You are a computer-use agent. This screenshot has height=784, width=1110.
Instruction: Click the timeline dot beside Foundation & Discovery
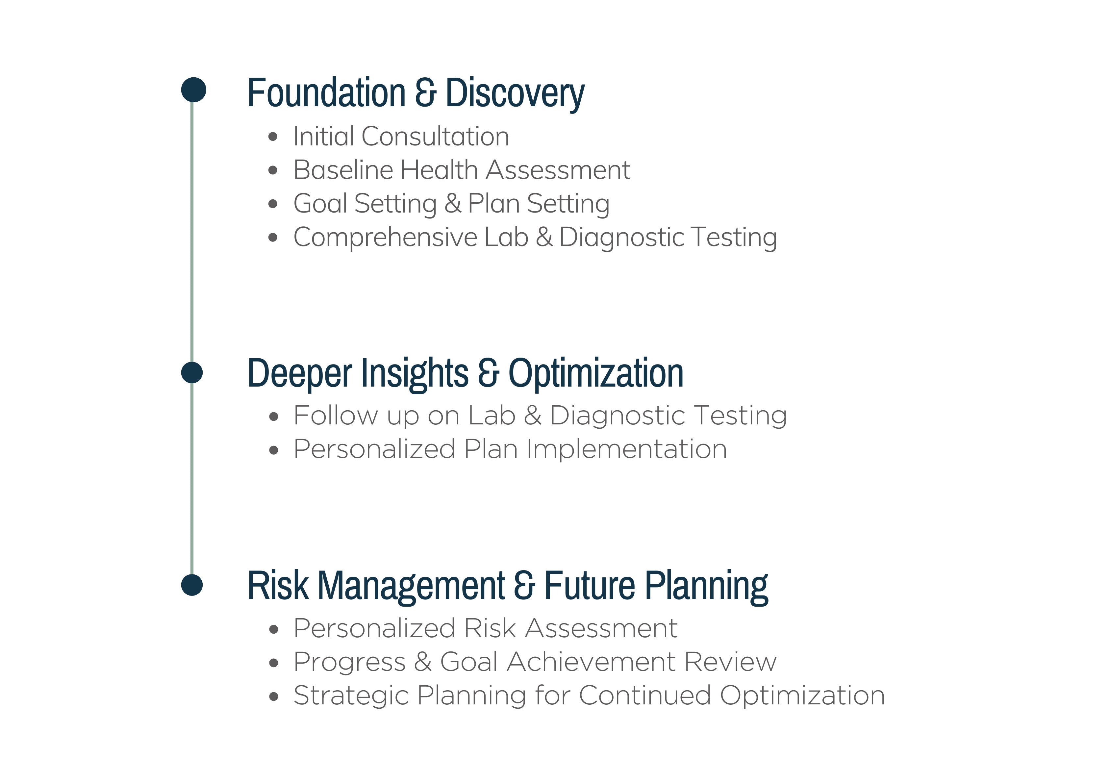(193, 89)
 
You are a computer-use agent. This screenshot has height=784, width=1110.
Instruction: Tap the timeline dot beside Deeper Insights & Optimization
(192, 373)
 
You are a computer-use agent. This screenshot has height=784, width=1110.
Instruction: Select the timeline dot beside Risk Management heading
(192, 585)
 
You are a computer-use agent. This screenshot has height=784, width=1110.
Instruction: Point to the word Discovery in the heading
(515, 94)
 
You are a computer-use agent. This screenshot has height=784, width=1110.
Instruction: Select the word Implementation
(626, 449)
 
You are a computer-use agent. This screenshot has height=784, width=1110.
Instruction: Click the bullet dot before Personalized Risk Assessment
(274, 629)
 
